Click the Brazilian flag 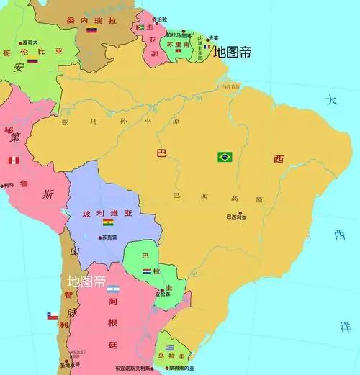[225, 156]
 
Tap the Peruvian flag [12, 160]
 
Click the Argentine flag [113, 289]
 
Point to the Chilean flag [52, 315]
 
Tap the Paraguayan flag [147, 271]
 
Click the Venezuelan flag [91, 31]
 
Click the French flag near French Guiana [207, 47]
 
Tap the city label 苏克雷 [109, 236]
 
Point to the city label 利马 [9, 185]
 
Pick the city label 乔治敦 [159, 19]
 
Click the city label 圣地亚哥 [69, 365]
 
